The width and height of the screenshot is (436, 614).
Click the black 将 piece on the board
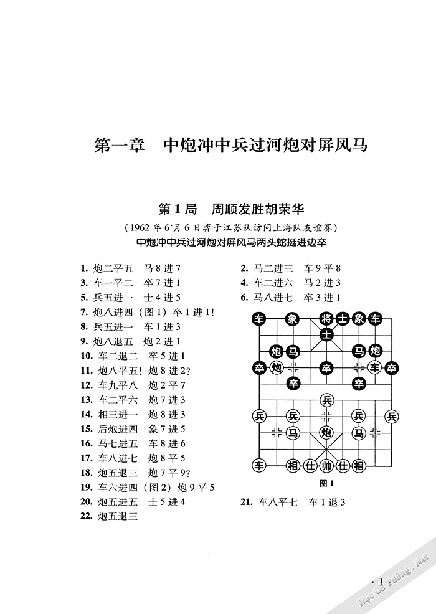click(x=326, y=319)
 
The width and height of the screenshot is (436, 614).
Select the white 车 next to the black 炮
click(x=374, y=367)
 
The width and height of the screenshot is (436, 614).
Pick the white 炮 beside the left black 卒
click(x=277, y=367)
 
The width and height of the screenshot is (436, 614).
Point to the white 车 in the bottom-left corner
click(x=259, y=465)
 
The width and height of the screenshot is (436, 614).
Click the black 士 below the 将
click(x=326, y=336)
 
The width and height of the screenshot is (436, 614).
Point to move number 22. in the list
click(x=87, y=516)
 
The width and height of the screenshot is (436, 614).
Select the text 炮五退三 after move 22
click(x=117, y=516)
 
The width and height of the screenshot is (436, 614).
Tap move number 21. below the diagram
click(x=247, y=503)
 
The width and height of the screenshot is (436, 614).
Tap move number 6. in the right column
click(x=245, y=297)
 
